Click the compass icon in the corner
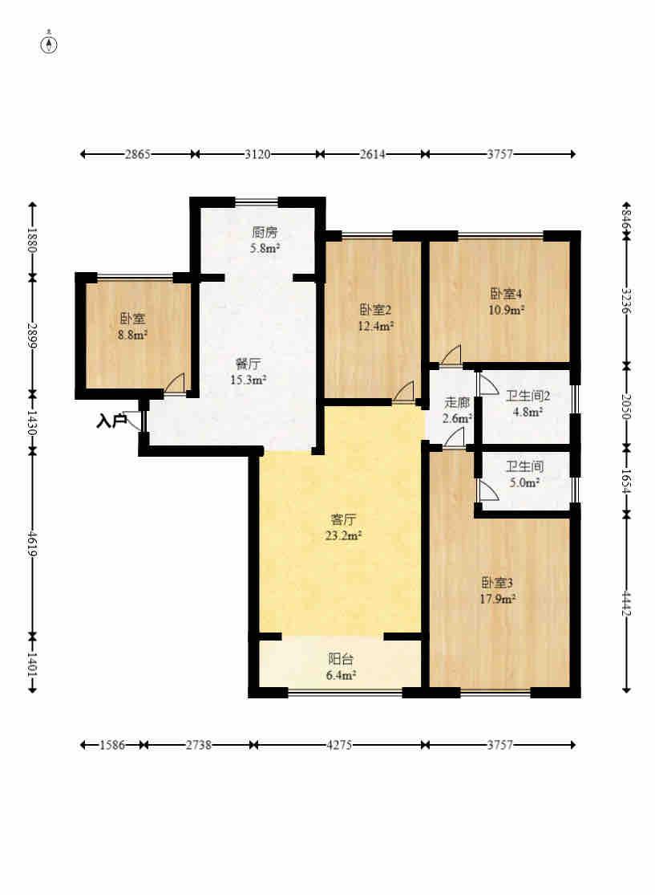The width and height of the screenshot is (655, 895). pyautogui.click(x=50, y=44)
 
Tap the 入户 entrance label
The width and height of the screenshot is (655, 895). pyautogui.click(x=111, y=422)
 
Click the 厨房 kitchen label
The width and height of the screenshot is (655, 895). pyautogui.click(x=265, y=232)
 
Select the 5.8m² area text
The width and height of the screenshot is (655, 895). pyautogui.click(x=265, y=248)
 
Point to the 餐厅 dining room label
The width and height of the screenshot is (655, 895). pyautogui.click(x=248, y=364)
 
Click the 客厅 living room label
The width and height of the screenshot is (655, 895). pyautogui.click(x=344, y=519)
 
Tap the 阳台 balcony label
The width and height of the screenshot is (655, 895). pyautogui.click(x=341, y=659)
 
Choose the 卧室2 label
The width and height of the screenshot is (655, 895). pyautogui.click(x=375, y=310)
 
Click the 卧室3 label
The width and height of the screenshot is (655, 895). pyautogui.click(x=497, y=583)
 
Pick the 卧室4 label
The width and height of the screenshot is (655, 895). pyautogui.click(x=506, y=294)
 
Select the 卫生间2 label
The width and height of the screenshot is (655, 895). pyautogui.click(x=528, y=396)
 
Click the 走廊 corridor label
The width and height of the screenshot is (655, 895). pyautogui.click(x=457, y=402)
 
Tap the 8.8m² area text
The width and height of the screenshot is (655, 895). pyautogui.click(x=133, y=335)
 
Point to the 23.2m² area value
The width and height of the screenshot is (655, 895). pyautogui.click(x=344, y=535)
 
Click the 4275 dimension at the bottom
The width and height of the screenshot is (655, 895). pyautogui.click(x=339, y=745)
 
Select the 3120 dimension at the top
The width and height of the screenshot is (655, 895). pyautogui.click(x=257, y=154)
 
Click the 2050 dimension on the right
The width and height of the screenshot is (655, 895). pyautogui.click(x=626, y=406)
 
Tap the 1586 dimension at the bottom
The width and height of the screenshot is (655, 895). pyautogui.click(x=111, y=745)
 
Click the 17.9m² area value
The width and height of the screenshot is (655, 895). pyautogui.click(x=498, y=599)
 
